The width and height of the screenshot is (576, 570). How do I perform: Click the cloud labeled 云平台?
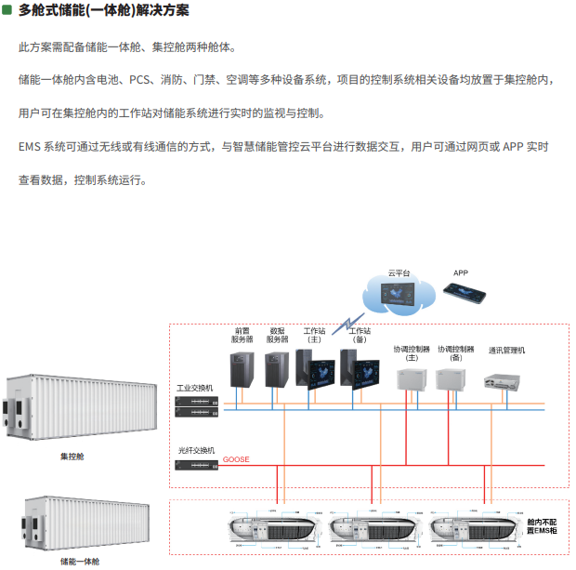pyautogui.click(x=399, y=299)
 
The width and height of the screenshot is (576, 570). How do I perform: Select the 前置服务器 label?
pyautogui.click(x=242, y=335)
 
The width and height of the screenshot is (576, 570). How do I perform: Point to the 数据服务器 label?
pyautogui.click(x=277, y=335)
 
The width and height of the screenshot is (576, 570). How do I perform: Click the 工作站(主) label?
pyautogui.click(x=314, y=335)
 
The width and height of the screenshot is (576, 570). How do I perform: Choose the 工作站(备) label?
pyautogui.click(x=360, y=335)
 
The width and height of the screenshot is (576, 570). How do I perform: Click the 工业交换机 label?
pyautogui.click(x=195, y=387)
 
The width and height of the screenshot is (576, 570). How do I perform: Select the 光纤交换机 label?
pyautogui.click(x=196, y=450)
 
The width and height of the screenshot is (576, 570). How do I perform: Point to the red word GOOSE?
pyautogui.click(x=236, y=459)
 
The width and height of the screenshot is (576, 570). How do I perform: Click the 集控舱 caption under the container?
pyautogui.click(x=72, y=457)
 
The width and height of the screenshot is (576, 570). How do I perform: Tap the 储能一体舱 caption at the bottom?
pyautogui.click(x=80, y=561)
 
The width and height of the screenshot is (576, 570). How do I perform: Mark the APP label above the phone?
pyautogui.click(x=461, y=272)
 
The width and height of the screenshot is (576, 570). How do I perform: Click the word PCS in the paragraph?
pyautogui.click(x=140, y=80)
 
